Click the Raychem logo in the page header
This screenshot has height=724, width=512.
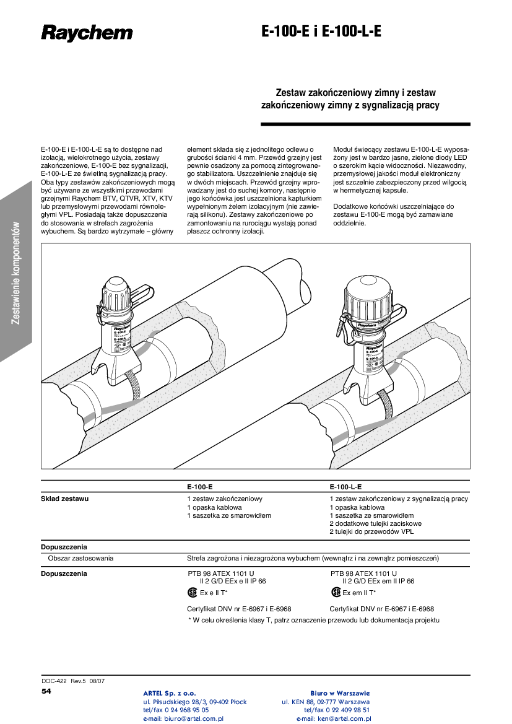pos(87,33)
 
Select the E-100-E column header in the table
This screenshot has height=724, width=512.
pos(200,487)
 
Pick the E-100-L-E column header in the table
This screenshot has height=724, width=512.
pos(346,487)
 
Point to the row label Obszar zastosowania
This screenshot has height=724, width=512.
pos(80,558)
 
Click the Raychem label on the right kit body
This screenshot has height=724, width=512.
pos(367,324)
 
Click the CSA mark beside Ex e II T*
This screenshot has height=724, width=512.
pos(193,592)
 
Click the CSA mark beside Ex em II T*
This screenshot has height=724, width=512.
pos(336,592)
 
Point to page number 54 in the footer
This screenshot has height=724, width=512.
pos(47,691)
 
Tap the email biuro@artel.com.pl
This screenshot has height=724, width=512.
pos(183,719)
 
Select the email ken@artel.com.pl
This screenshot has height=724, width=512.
pos(334,719)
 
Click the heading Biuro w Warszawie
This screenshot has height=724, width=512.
pos(340,693)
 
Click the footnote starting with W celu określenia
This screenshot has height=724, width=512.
pos(313,620)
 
